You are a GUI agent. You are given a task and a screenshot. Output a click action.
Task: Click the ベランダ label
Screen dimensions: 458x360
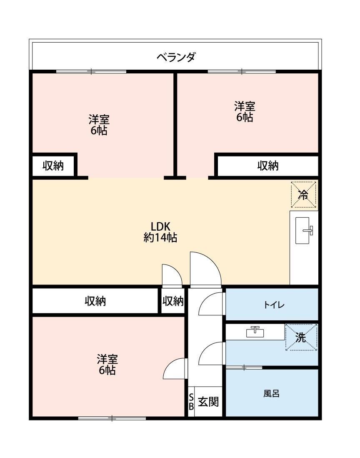pyautogui.click(x=175, y=57)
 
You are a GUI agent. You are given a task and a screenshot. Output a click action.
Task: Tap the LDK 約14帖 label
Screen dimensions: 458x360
pyautogui.click(x=160, y=232)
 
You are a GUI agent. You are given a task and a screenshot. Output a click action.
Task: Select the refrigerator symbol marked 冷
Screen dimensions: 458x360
pyautogui.click(x=303, y=194)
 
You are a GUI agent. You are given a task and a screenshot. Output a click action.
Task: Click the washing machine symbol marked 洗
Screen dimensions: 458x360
pyautogui.click(x=301, y=337)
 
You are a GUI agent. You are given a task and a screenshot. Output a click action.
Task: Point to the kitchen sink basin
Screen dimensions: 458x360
pyautogui.click(x=304, y=230)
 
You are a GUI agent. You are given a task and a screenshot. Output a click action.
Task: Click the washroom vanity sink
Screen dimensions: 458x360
pyautogui.click(x=255, y=332)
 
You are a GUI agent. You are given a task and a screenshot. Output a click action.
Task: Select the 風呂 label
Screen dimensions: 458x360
pyautogui.click(x=271, y=393)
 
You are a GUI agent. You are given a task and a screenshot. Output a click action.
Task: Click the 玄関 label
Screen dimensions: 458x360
pyautogui.click(x=208, y=402)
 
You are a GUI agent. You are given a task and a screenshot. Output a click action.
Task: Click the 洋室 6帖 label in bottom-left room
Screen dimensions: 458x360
pyautogui.click(x=107, y=365)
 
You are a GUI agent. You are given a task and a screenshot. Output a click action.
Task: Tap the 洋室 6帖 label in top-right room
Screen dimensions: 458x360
pyautogui.click(x=245, y=112)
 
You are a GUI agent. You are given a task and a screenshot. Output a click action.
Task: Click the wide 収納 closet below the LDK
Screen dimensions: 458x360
pyautogui.click(x=95, y=301)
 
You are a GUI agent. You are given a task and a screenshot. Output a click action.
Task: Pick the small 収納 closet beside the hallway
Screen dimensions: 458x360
pyautogui.click(x=173, y=301)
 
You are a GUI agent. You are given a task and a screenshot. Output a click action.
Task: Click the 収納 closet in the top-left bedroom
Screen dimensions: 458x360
pyautogui.click(x=53, y=166)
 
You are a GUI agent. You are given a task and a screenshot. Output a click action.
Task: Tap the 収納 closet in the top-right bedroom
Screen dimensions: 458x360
pyautogui.click(x=267, y=166)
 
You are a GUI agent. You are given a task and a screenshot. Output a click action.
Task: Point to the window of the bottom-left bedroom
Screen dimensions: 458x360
pyautogui.click(x=112, y=418)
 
